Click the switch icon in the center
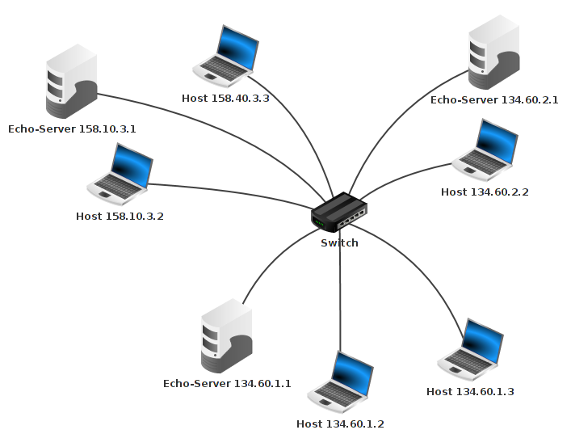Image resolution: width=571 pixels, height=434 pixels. tap(339, 213)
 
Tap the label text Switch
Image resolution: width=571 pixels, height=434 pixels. tap(339, 242)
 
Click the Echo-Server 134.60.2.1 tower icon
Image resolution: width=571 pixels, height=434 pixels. tap(494, 54)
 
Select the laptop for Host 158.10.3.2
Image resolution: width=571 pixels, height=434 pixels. tap(120, 172)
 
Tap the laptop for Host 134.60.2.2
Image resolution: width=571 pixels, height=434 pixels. tap(485, 149)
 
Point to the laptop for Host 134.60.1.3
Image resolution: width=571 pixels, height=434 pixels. tap(471, 349)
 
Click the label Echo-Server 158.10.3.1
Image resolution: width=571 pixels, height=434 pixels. tap(72, 129)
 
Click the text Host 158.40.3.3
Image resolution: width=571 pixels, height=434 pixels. tap(225, 99)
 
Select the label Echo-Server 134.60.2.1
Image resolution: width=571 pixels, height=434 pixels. tap(494, 99)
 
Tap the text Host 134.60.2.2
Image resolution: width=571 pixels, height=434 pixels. tap(485, 192)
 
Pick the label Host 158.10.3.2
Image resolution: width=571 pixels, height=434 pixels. tap(120, 216)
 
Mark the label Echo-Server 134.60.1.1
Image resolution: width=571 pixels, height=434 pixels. tap(227, 383)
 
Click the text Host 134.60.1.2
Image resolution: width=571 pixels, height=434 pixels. tap(340, 423)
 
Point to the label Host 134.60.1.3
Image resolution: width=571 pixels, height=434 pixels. tap(470, 391)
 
